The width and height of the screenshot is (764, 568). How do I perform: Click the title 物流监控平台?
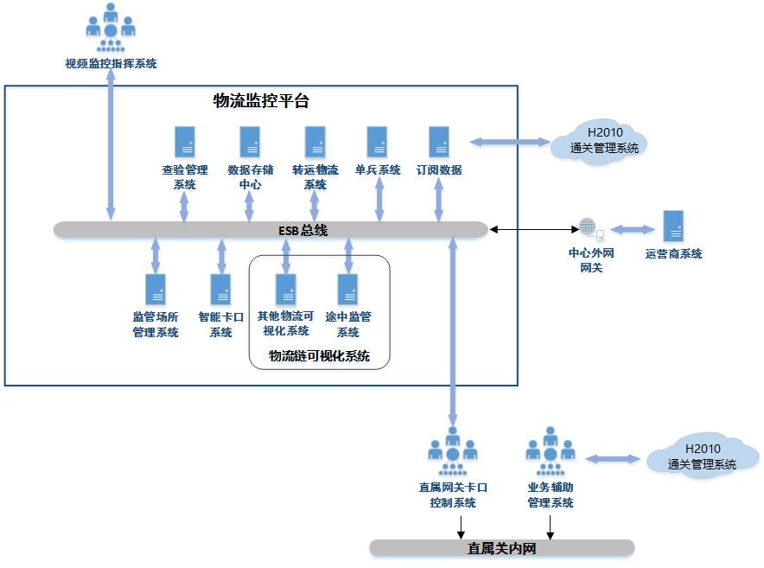click(261, 101)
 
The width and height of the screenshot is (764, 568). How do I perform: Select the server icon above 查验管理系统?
click(184, 142)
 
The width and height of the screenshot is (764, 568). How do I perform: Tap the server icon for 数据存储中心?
click(250, 142)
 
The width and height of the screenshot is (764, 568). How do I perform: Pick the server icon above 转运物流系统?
click(315, 142)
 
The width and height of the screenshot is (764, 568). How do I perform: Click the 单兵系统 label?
click(378, 170)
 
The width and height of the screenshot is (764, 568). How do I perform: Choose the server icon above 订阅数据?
click(439, 142)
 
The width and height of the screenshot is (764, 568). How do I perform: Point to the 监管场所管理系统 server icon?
click(156, 289)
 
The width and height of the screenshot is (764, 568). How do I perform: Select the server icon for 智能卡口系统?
click(221, 289)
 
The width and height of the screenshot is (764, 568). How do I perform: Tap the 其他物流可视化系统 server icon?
click(285, 289)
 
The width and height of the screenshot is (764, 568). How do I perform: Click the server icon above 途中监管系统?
click(348, 289)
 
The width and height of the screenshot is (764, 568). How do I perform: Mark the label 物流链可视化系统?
click(319, 356)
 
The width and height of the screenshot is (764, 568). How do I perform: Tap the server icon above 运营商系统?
click(673, 226)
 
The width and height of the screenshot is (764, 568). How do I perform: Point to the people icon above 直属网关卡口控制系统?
click(453, 450)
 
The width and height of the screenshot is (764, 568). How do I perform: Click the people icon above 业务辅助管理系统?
click(551, 450)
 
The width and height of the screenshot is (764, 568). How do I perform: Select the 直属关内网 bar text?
click(502, 548)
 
